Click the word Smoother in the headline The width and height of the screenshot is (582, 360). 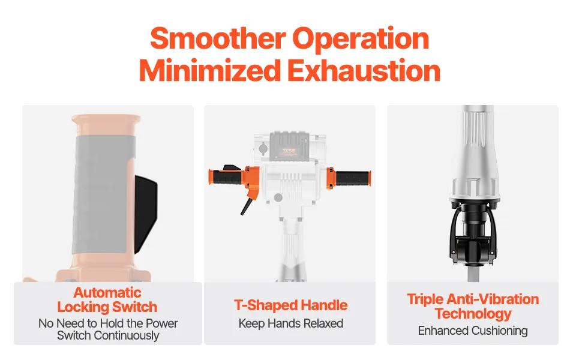(218, 38)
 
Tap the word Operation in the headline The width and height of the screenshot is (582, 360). (361, 38)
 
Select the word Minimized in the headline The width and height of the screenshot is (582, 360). (210, 71)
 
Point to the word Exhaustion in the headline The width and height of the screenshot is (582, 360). (364, 71)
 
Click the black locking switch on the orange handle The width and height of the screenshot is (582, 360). (145, 214)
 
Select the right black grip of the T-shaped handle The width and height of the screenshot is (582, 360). (352, 178)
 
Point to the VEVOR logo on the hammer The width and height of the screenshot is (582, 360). (289, 151)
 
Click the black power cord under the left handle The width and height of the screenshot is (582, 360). (246, 206)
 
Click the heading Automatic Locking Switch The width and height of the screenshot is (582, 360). (107, 300)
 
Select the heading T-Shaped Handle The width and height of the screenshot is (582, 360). (290, 305)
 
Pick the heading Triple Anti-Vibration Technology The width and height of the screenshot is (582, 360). (473, 306)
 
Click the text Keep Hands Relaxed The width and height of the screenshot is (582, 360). (290, 323)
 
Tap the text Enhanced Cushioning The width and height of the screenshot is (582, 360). (473, 331)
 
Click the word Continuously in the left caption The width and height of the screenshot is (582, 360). (127, 335)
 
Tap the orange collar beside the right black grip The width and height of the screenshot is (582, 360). (331, 178)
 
